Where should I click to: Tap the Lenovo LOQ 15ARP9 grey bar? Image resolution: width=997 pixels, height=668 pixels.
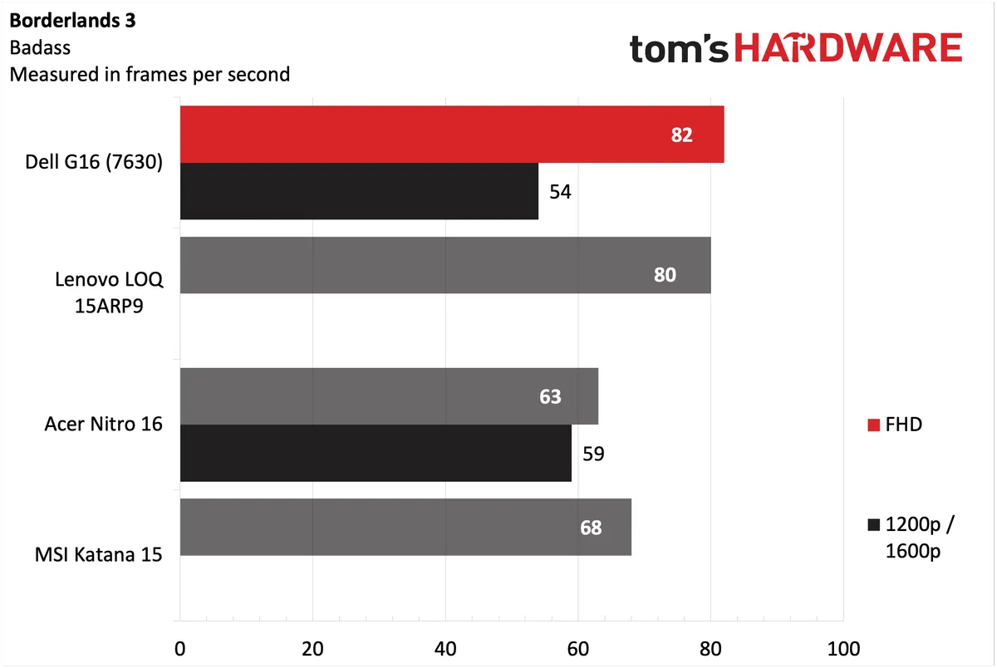(444, 265)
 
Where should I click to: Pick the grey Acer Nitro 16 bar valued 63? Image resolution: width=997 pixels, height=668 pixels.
(388, 396)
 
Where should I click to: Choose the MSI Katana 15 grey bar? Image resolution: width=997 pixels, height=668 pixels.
(405, 527)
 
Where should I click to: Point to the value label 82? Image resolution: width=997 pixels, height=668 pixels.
(681, 135)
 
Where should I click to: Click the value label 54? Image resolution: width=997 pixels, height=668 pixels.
(560, 192)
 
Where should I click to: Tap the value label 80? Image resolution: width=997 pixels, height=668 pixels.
(665, 274)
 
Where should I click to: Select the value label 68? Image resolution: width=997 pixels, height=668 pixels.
(591, 528)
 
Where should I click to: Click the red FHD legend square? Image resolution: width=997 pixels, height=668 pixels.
(873, 425)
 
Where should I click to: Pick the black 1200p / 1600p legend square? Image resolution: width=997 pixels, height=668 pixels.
(873, 525)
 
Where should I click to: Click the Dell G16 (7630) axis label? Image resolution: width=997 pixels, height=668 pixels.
(94, 163)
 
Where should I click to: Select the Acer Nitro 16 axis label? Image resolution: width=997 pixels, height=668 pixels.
(103, 425)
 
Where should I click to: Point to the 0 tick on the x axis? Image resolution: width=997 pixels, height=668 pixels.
(180, 647)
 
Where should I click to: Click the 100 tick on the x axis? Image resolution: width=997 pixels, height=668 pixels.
(843, 647)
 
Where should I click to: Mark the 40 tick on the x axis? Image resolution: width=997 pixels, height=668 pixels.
(445, 647)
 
